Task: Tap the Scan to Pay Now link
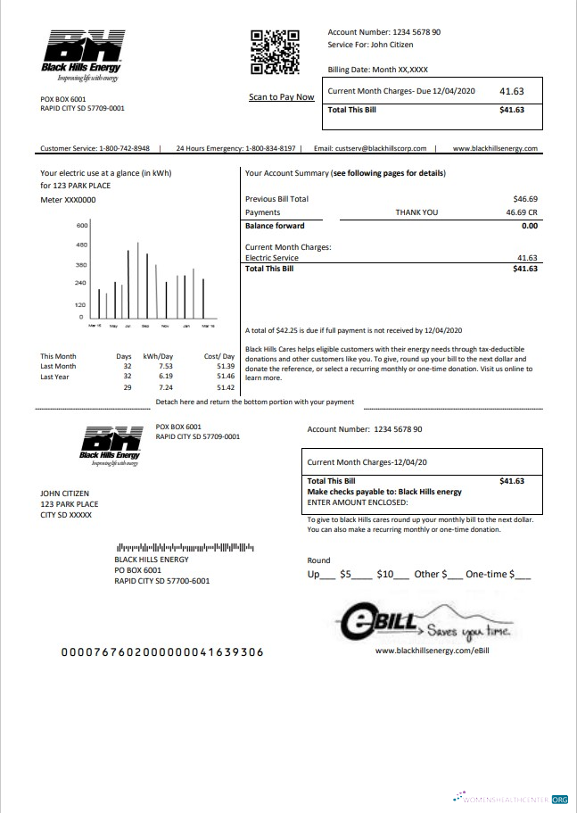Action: click(x=281, y=96)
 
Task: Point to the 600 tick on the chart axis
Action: click(x=81, y=226)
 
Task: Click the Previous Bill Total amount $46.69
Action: click(x=525, y=199)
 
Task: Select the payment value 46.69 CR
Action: click(x=521, y=212)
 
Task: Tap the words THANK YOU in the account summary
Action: click(x=416, y=212)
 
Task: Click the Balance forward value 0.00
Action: click(x=529, y=226)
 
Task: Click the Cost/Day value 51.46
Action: click(x=225, y=377)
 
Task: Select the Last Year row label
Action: click(x=55, y=377)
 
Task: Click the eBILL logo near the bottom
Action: click(x=423, y=624)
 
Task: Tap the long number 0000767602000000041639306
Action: click(x=161, y=652)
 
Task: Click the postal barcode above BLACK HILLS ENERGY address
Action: click(x=185, y=547)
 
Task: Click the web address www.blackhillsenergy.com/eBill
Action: click(x=433, y=651)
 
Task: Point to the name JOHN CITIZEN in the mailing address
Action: click(x=64, y=493)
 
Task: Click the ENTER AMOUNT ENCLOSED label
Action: click(x=357, y=502)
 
